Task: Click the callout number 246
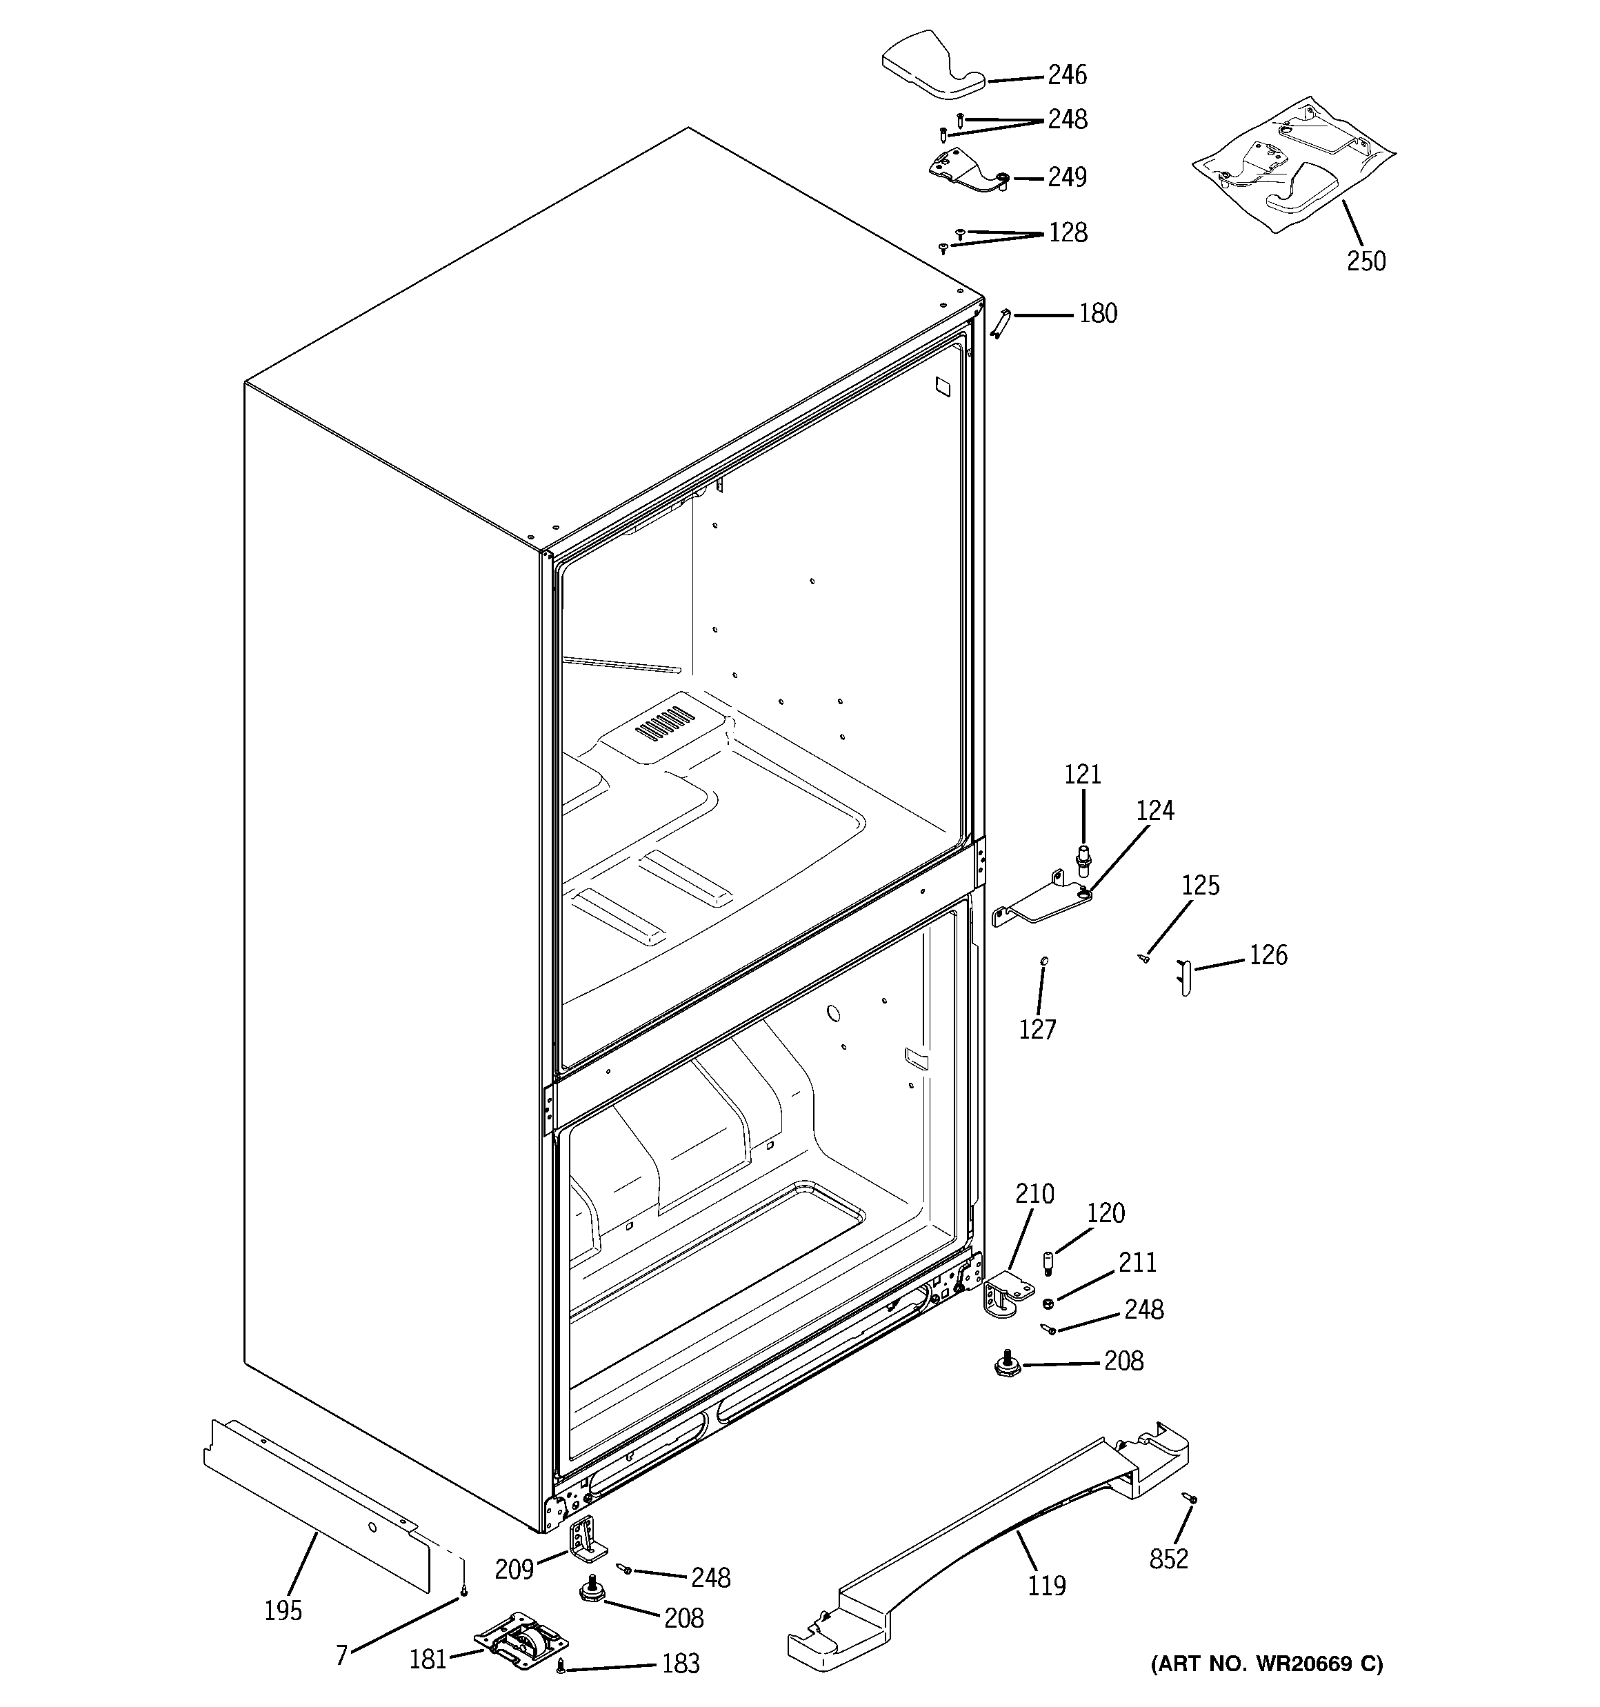click(x=1067, y=76)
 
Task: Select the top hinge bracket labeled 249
click(x=966, y=168)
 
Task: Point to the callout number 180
click(x=1097, y=315)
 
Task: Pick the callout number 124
click(x=1154, y=810)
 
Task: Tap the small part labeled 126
click(x=1184, y=978)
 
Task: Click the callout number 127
click(x=1037, y=1030)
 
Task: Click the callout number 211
click(x=1137, y=1262)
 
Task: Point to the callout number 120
click(x=1106, y=1213)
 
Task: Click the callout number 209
click(x=514, y=1570)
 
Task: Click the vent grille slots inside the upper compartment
click(x=665, y=724)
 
